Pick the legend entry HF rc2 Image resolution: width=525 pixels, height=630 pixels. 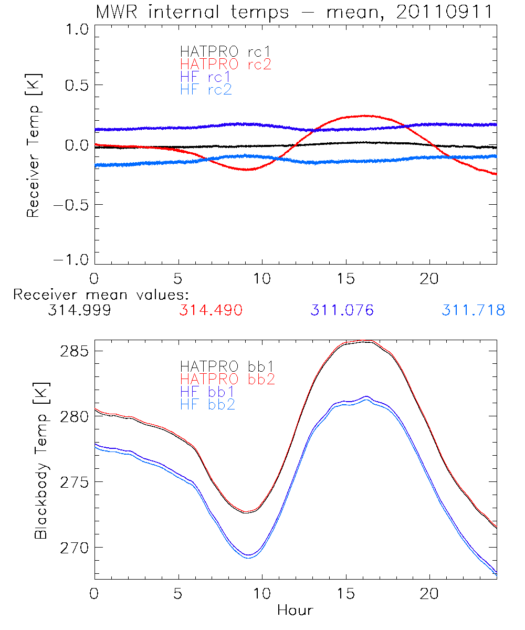(x=206, y=89)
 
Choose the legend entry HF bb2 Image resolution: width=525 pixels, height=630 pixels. (x=207, y=404)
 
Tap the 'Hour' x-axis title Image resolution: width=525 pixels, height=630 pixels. (x=295, y=610)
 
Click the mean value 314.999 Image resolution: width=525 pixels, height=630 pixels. (x=79, y=310)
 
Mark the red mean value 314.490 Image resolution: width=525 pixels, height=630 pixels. (x=211, y=310)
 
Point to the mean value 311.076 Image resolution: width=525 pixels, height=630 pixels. (x=342, y=310)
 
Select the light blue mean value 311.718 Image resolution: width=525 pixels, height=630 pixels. (x=473, y=310)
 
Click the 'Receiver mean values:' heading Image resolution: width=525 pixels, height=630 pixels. (x=101, y=294)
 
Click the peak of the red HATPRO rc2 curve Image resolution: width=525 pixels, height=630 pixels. (x=364, y=115)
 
